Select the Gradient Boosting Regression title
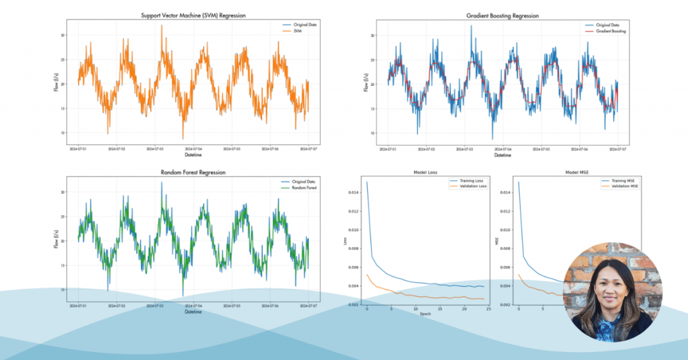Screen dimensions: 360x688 (503, 15)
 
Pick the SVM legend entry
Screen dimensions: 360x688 (297, 31)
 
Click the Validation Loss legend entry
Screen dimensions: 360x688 (468, 187)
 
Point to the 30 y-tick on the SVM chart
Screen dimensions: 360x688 (62, 35)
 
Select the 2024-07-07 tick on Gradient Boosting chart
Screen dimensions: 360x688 (618, 148)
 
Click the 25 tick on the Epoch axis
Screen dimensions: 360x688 (488, 309)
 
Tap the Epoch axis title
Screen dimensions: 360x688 (427, 314)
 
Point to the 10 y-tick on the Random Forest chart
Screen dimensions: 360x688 (62, 289)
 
